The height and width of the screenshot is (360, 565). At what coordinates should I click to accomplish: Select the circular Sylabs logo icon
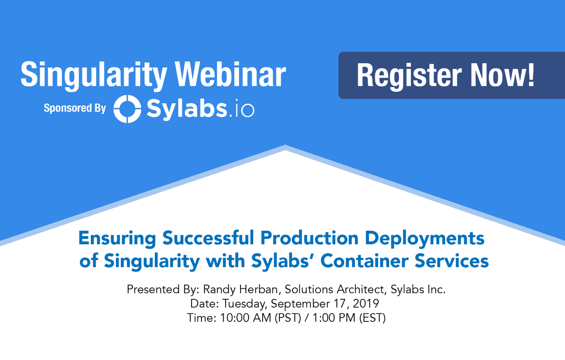(x=128, y=109)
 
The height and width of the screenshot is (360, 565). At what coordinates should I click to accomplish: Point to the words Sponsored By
(x=75, y=108)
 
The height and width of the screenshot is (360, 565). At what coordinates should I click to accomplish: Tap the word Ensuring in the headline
(x=118, y=238)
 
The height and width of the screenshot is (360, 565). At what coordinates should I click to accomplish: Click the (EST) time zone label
(x=373, y=318)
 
